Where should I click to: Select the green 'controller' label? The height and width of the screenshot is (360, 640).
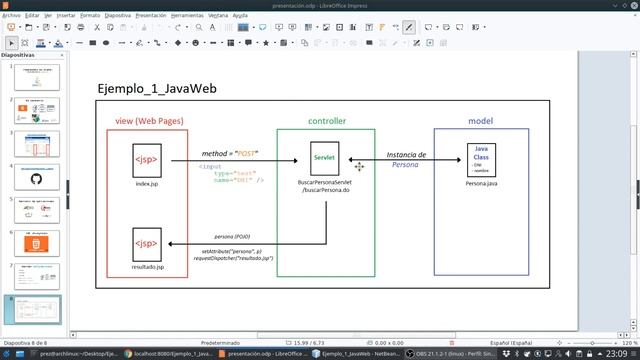click(326, 121)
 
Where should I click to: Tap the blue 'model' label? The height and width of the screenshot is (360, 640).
click(480, 121)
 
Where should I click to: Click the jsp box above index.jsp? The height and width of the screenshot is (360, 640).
click(147, 160)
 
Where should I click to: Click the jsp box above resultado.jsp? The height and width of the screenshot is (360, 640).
click(147, 243)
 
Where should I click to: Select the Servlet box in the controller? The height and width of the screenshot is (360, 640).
click(324, 158)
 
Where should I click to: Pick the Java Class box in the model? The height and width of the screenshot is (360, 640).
click(481, 159)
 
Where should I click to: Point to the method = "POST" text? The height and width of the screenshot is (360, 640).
click(230, 153)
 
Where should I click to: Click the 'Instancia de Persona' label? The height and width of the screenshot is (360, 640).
click(406, 159)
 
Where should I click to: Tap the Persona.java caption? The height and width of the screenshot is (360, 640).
click(481, 185)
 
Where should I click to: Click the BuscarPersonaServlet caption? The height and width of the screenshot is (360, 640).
click(325, 183)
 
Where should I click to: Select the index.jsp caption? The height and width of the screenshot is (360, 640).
click(147, 185)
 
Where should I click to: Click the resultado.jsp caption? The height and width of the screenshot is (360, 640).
click(147, 268)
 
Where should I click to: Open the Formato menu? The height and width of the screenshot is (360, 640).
click(89, 16)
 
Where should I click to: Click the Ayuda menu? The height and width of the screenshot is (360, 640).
click(240, 16)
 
